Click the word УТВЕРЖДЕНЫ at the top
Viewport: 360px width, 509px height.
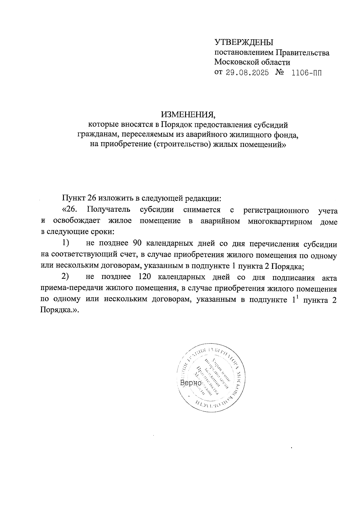pos(244,42)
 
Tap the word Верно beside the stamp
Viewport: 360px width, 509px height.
pos(190,383)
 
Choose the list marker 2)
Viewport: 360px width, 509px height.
pos(66,277)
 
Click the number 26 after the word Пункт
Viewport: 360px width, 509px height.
pos(92,198)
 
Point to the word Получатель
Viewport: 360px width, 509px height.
pos(106,210)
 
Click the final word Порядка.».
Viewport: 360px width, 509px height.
pos(59,311)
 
